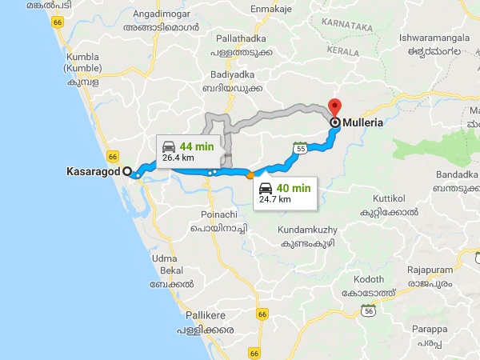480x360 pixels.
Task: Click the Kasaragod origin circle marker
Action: pyautogui.click(x=126, y=170)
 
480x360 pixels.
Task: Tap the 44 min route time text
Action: pyautogui.click(x=197, y=146)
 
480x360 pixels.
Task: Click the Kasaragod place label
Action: pyautogui.click(x=93, y=171)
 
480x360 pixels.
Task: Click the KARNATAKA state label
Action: pyautogui.click(x=347, y=26)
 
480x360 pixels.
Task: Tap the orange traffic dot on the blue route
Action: pyautogui.click(x=250, y=174)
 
